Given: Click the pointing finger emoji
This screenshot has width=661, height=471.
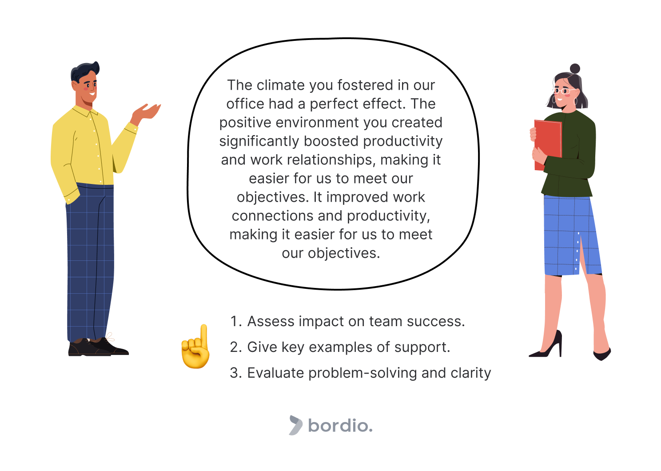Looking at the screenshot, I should point(195,347).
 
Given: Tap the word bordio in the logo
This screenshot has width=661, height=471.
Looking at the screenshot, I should point(340,426).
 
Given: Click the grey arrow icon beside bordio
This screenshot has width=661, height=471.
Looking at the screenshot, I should point(295,425).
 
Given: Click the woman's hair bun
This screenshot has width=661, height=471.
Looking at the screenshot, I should point(575,68).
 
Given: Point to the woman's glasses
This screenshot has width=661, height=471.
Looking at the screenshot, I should point(564,92).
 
